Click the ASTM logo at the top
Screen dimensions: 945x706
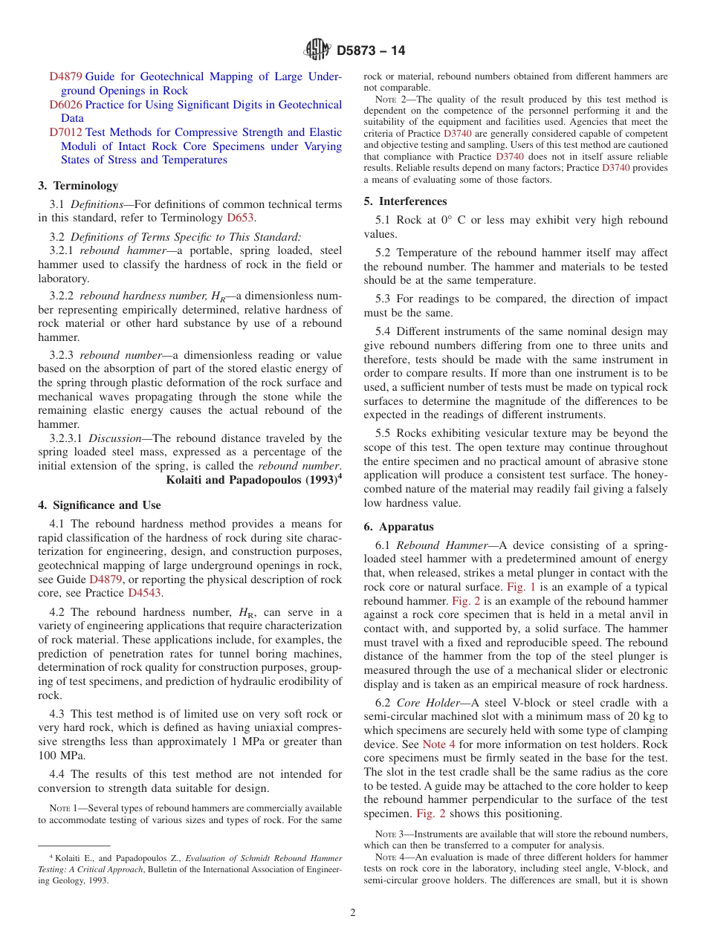coord(317,51)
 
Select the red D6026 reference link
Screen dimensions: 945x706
coord(65,105)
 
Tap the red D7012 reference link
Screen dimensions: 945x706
coord(65,132)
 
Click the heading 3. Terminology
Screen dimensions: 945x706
coord(78,186)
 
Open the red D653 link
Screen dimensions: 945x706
coord(240,218)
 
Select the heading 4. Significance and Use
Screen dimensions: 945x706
coord(100,505)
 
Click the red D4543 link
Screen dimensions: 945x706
coord(145,593)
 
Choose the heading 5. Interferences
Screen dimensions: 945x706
coord(405,201)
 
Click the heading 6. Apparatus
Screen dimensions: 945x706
coord(398,527)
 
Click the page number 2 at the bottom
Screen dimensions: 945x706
coord(353,913)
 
